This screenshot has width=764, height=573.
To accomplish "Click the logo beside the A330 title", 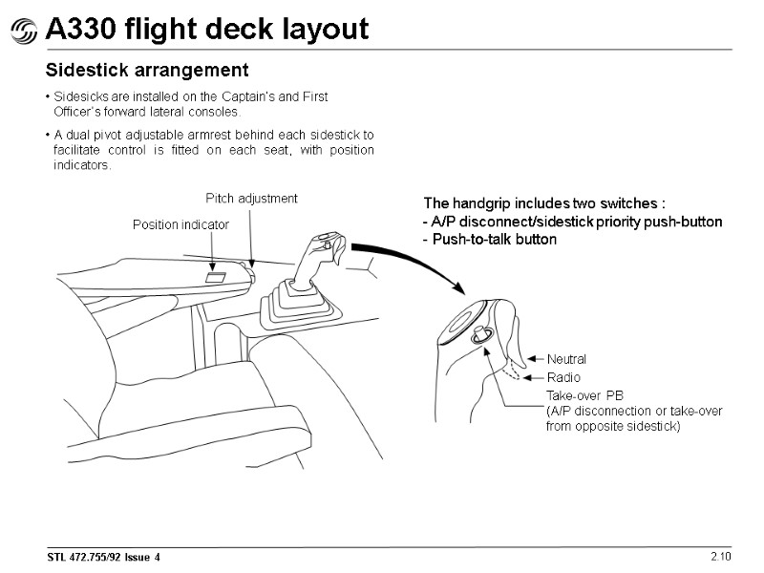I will (x=24, y=31).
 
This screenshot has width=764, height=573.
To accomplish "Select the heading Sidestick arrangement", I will (x=148, y=70).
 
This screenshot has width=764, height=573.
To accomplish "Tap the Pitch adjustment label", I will (x=252, y=199).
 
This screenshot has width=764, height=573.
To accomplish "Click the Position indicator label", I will (x=180, y=224).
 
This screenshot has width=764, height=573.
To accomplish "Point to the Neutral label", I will (x=566, y=359).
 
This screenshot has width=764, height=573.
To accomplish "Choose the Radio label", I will (x=563, y=378).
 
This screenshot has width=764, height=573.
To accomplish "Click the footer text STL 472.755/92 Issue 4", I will (x=104, y=557).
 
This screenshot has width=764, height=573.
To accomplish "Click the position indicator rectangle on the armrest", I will (x=216, y=278).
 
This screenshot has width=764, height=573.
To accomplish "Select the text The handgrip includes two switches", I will (x=542, y=203).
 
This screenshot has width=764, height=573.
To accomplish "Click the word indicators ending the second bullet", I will (x=83, y=166).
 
